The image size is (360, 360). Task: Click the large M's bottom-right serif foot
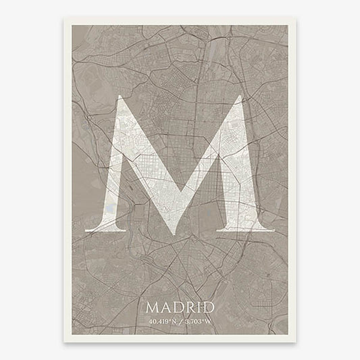pyautogui.click(x=257, y=229)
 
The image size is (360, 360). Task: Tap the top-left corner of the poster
pyautogui.click(x=66, y=19)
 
